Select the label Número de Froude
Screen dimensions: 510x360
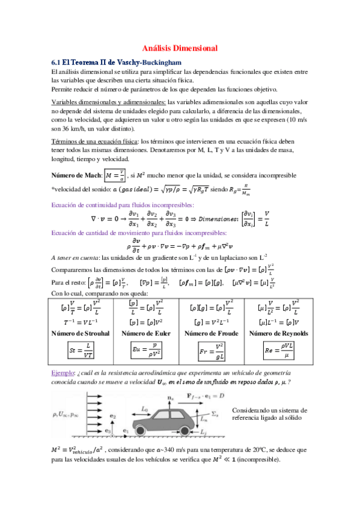212,333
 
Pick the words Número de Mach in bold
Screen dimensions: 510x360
76,176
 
